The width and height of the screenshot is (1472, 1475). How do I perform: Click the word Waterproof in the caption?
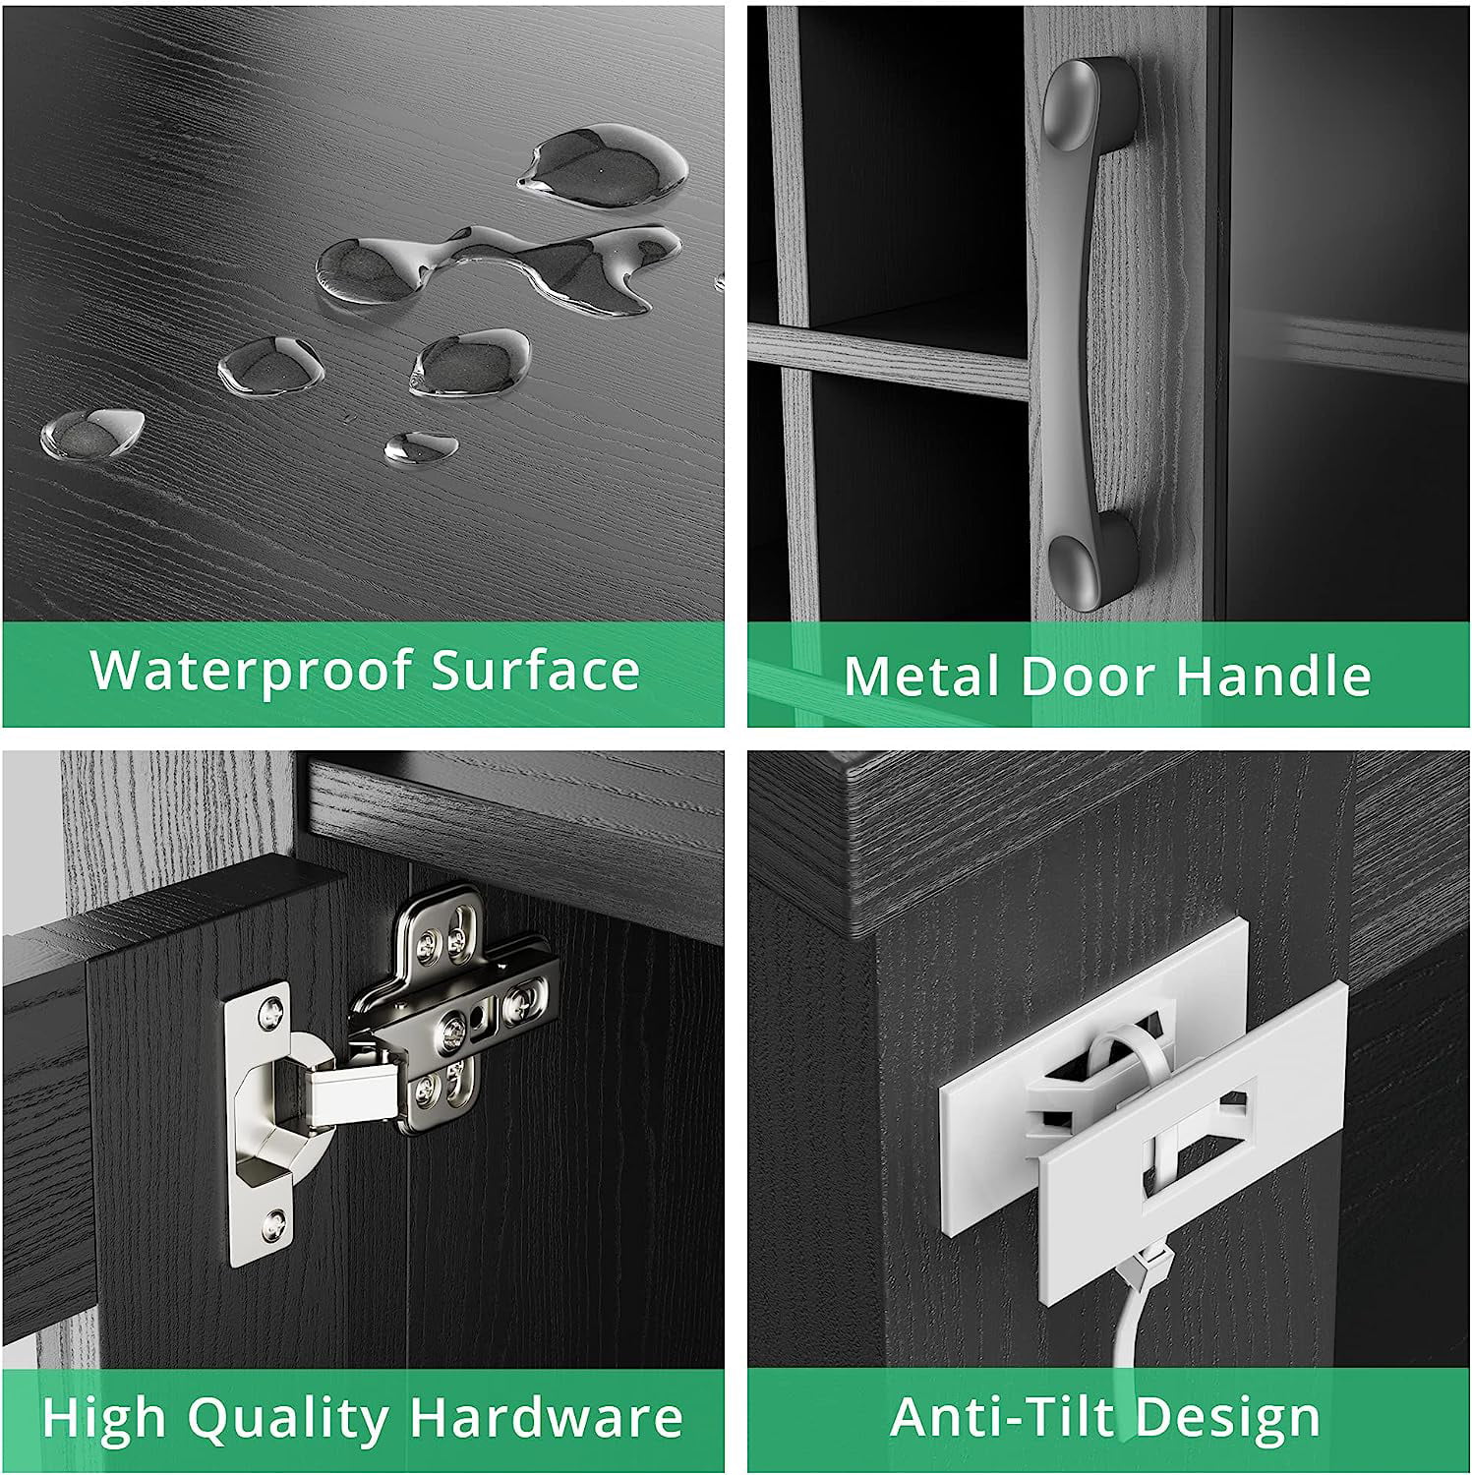click(252, 673)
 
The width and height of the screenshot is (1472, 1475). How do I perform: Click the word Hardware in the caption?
click(546, 1418)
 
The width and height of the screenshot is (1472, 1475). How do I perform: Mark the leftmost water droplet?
click(92, 433)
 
